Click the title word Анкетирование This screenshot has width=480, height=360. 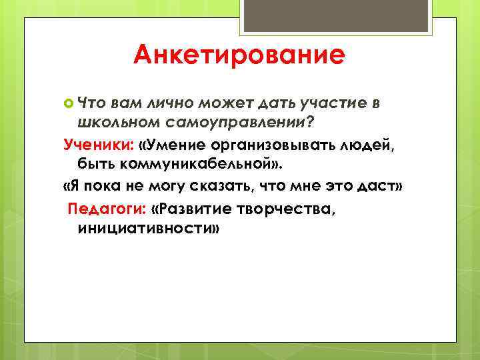tap(239, 55)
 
